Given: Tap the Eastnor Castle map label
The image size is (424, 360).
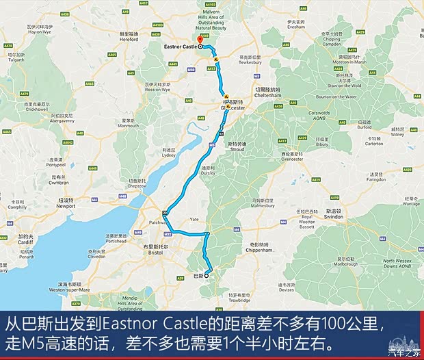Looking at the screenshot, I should [x=181, y=47].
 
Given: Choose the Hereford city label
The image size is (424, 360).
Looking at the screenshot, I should [x=129, y=39].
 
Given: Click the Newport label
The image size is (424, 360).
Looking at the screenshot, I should [x=66, y=205].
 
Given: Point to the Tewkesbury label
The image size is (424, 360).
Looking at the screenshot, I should [x=250, y=60].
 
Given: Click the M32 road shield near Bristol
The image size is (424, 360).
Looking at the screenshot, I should [x=168, y=233].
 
